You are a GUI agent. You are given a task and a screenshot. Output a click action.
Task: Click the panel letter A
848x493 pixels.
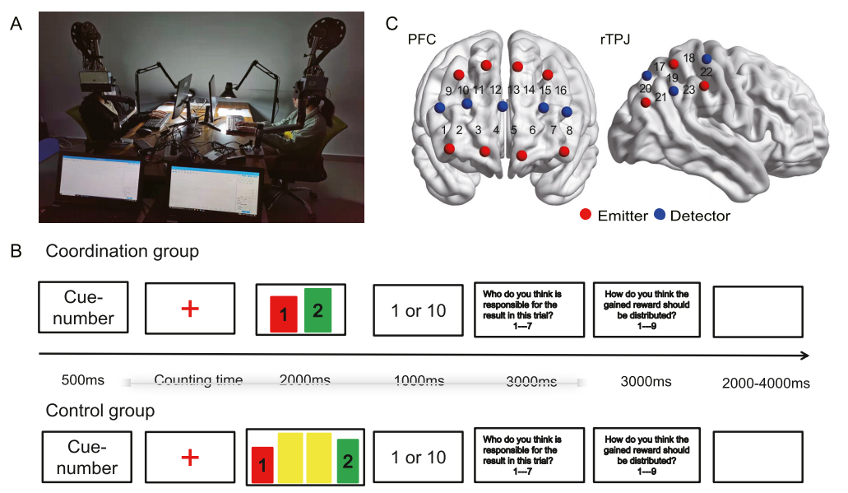pyautogui.click(x=16, y=24)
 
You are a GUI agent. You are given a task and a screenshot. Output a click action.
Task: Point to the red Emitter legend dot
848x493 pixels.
pyautogui.click(x=586, y=216)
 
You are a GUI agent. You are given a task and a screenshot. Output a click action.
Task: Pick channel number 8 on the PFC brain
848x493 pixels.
pyautogui.click(x=569, y=129)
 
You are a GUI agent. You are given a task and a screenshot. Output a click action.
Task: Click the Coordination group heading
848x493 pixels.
pyautogui.click(x=123, y=251)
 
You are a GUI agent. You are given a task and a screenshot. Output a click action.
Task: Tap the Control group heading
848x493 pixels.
pyautogui.click(x=100, y=409)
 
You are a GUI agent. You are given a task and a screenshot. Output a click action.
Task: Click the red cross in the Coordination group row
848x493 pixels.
pyautogui.click(x=190, y=309)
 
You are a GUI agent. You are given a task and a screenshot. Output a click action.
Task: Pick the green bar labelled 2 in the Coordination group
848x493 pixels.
pyautogui.click(x=317, y=310)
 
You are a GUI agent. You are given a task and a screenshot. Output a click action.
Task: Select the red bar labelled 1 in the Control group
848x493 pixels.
pyautogui.click(x=262, y=466)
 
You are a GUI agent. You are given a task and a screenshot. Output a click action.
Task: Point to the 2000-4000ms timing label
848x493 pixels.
pyautogui.click(x=766, y=383)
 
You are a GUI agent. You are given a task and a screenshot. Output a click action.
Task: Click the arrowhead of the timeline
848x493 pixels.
pyautogui.click(x=807, y=356)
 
